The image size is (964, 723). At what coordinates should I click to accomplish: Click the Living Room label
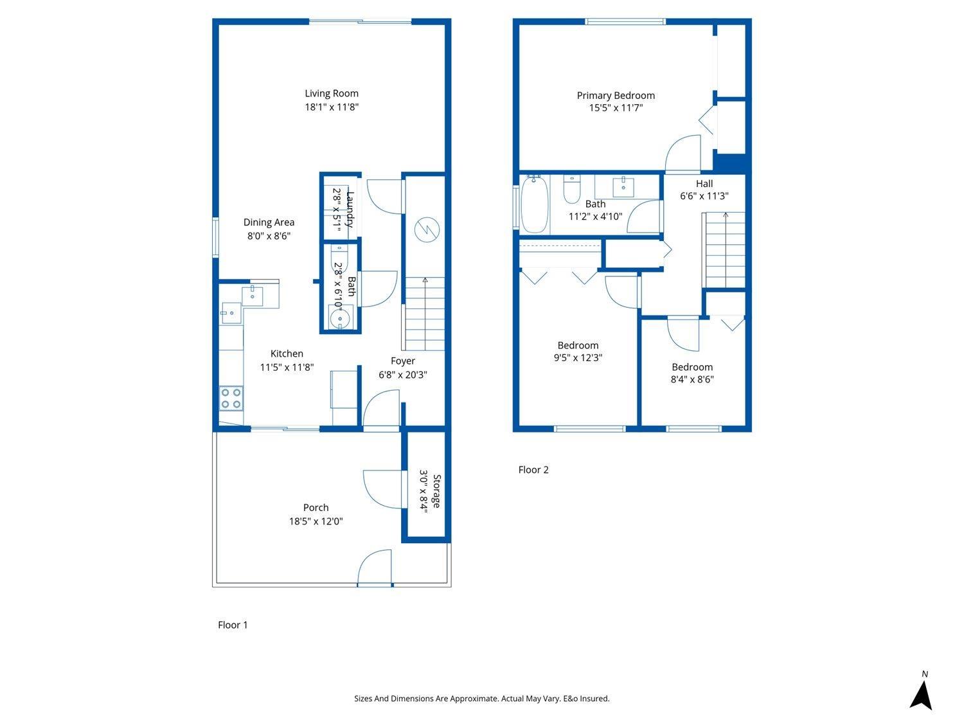(331, 93)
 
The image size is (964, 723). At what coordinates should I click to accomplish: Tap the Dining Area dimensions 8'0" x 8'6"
(269, 236)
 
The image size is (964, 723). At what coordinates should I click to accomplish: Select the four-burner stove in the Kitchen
(231, 398)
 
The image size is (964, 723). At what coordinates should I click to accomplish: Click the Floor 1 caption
(233, 625)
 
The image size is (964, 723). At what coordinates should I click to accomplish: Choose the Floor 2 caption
(533, 470)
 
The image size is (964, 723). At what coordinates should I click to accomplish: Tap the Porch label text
(316, 508)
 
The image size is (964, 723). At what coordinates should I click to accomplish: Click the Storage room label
(436, 491)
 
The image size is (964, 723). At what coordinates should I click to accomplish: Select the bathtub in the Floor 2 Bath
(535, 204)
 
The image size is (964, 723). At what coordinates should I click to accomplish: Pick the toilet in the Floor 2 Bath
(571, 189)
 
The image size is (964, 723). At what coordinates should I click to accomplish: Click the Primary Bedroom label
(616, 96)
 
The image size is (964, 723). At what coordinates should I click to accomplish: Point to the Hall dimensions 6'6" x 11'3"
(704, 196)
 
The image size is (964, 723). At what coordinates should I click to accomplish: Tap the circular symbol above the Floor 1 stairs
(427, 229)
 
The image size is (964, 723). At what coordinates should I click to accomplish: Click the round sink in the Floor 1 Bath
(340, 317)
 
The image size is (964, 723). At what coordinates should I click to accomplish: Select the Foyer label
(403, 361)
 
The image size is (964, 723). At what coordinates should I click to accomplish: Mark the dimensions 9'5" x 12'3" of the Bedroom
(578, 357)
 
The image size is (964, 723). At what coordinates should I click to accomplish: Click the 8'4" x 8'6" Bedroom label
(692, 367)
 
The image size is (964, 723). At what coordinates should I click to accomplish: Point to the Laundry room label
(350, 209)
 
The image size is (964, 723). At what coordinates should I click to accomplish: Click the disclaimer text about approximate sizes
(482, 699)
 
